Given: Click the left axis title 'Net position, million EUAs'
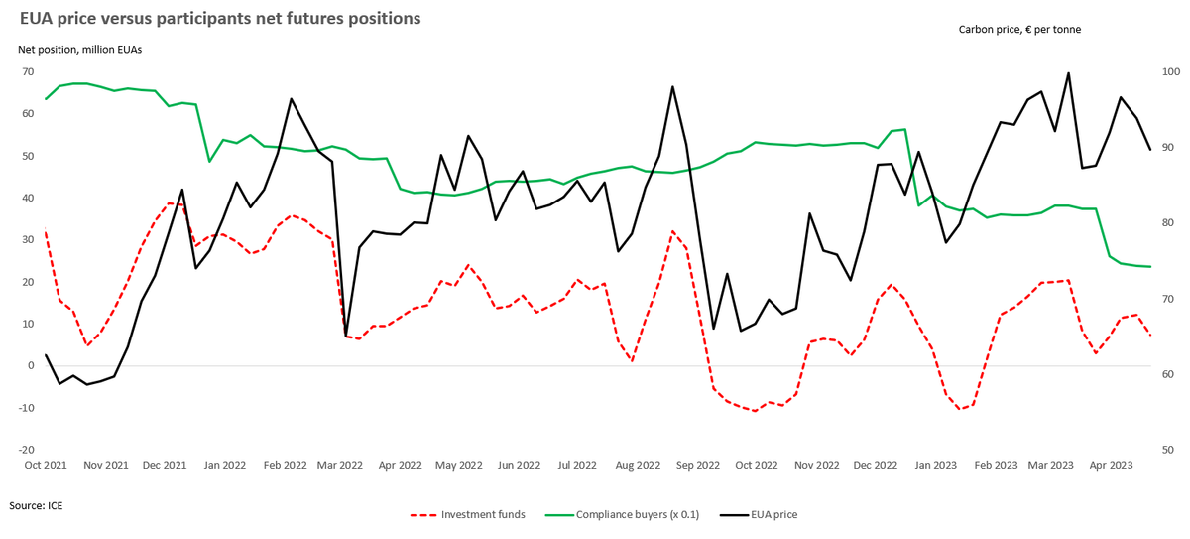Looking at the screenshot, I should (x=79, y=49).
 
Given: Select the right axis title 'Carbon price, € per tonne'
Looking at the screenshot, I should (x=1019, y=30).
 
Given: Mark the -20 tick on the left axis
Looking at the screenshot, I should (x=26, y=450).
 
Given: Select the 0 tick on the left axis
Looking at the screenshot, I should (x=31, y=366).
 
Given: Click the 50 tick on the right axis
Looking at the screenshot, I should (x=1167, y=450).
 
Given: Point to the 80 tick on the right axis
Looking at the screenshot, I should (x=1167, y=223).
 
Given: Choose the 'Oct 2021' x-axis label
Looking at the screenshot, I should (x=46, y=465).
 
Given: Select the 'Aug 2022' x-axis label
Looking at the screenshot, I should (x=638, y=465).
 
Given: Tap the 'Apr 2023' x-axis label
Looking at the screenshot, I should (x=1112, y=465).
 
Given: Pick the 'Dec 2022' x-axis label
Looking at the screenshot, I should (x=875, y=465).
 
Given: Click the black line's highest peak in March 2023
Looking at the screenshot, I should (x=1068, y=73).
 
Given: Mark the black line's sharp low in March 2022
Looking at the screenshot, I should (x=345, y=336).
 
